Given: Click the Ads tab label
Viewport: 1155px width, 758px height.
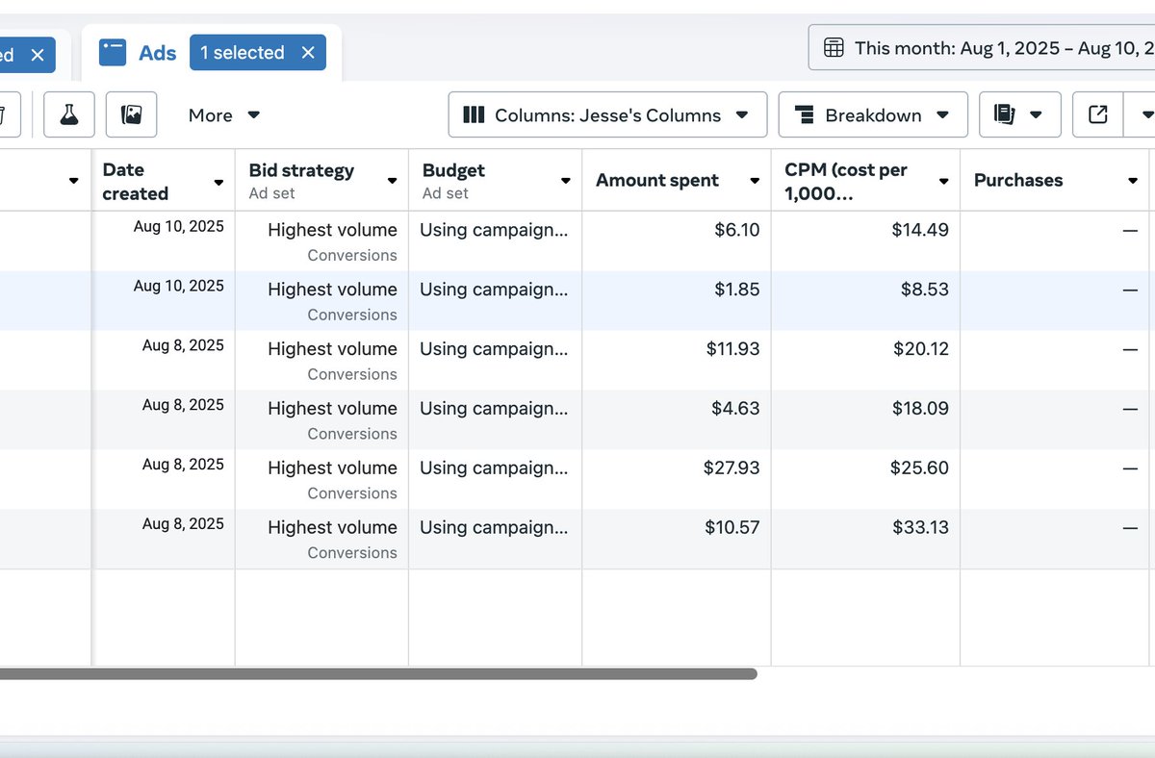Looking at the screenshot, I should point(156,53).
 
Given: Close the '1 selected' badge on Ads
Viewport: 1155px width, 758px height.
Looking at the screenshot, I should point(308,53).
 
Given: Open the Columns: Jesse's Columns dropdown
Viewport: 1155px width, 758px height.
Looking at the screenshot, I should point(607,115).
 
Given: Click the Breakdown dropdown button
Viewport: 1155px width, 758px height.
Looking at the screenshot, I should point(872,115).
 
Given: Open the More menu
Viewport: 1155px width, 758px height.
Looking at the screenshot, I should point(224,115).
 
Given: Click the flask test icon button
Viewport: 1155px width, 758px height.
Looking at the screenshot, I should point(69,115).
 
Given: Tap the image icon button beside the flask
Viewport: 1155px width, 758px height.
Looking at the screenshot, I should point(132,115).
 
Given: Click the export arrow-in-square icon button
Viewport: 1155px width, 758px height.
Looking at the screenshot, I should point(1097,115).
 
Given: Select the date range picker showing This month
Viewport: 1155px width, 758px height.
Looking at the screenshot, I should point(982,48).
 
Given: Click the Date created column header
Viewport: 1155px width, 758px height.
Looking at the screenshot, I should point(136,181).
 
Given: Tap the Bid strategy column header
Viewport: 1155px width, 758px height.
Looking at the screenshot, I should point(301,171).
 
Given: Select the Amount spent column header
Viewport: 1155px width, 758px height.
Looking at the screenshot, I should point(657,181).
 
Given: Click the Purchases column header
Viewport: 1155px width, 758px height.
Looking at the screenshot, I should point(1018,181).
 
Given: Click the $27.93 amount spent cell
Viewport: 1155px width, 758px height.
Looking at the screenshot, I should point(731,468).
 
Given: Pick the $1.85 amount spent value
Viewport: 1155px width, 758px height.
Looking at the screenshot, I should point(737,290).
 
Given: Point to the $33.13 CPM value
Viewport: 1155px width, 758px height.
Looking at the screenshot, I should point(920,528).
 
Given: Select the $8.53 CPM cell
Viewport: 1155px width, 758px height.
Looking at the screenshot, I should point(924,290).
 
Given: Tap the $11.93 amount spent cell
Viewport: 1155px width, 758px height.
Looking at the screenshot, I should point(732,349).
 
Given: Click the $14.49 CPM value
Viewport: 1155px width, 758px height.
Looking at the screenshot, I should point(920,230).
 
